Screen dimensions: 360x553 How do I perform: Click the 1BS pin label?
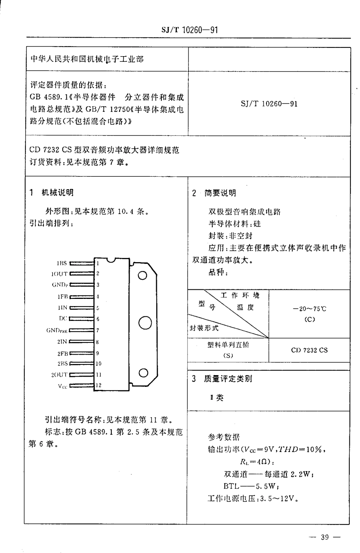coord(62,263)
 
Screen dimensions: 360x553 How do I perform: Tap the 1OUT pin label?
coord(59,273)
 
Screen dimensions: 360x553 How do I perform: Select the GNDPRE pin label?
coord(57,330)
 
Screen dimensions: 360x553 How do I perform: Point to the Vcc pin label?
coord(63,386)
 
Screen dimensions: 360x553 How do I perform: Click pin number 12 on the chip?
coord(99,385)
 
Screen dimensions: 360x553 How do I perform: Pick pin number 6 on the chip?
coord(98,319)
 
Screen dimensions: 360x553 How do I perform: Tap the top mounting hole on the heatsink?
coord(142,275)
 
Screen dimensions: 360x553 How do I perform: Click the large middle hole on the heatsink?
coord(145,323)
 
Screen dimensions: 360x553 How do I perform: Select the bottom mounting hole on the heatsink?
coord(143,373)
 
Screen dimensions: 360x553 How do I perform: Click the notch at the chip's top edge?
coord(110,261)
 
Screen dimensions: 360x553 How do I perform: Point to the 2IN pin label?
coord(62,341)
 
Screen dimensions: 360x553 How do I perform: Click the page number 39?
coord(325,537)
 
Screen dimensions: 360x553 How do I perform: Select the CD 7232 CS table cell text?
coord(309,350)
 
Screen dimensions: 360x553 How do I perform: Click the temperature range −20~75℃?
coord(309,309)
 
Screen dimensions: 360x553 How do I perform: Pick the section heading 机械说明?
coord(58,193)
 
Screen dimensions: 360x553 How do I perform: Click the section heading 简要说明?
coord(220,193)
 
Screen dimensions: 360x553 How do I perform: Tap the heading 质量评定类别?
coord(228,379)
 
